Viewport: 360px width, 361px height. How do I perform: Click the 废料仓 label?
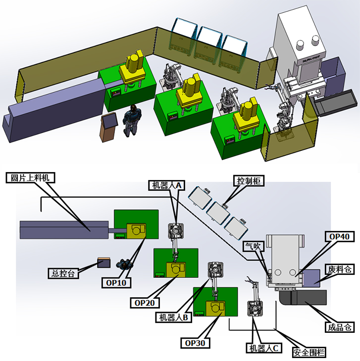340,269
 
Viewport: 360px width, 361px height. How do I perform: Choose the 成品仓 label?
340,327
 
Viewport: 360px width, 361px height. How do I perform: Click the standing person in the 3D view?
131,120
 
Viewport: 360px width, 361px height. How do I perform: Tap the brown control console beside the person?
108,127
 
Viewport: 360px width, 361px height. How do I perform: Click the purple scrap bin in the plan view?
312,277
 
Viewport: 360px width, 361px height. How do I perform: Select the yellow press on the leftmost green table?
134,69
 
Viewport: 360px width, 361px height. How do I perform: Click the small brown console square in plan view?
104,262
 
